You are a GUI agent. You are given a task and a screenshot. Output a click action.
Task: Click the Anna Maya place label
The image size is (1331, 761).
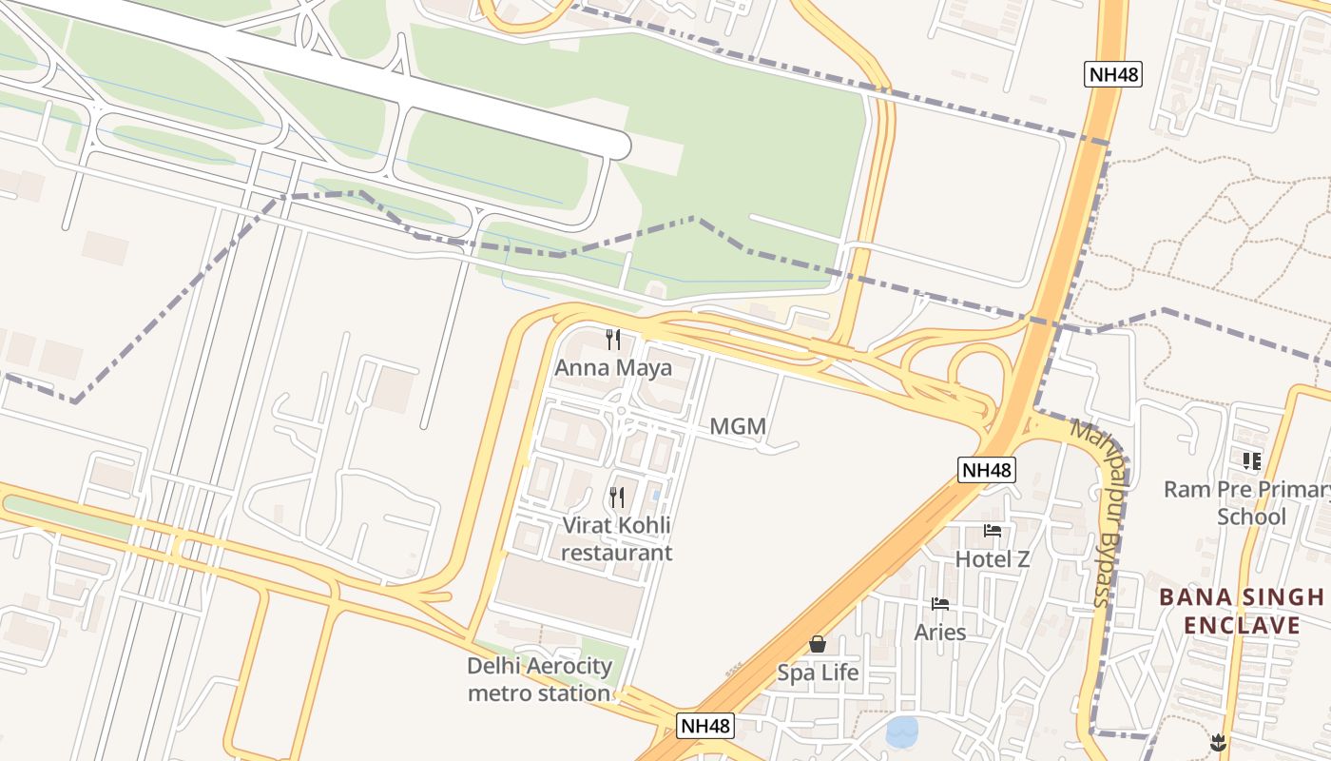tap(613, 368)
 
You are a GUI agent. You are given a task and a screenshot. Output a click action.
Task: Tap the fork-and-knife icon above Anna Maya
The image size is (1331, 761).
tap(613, 339)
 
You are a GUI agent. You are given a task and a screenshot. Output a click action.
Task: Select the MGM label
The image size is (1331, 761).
tap(738, 427)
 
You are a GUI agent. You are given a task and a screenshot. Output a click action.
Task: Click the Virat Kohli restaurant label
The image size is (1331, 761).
tap(616, 538)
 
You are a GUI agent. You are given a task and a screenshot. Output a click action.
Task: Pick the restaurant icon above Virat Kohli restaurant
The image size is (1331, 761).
tap(617, 497)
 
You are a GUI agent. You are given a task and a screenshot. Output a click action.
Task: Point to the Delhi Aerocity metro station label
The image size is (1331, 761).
tap(539, 679)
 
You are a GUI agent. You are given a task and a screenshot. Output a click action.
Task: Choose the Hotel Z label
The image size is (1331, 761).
tap(992, 559)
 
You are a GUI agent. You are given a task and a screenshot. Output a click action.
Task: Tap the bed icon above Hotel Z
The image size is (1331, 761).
tap(993, 531)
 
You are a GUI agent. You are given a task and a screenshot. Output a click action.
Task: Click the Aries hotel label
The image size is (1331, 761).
tap(939, 633)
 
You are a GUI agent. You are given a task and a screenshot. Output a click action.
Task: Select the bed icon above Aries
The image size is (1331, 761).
tap(940, 604)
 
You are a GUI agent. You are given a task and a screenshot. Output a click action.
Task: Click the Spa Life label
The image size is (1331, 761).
tap(818, 673)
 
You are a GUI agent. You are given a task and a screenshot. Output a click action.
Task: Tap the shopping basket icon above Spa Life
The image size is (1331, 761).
tap(818, 645)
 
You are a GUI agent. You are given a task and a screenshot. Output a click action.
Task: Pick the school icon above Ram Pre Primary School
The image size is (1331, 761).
tap(1251, 461)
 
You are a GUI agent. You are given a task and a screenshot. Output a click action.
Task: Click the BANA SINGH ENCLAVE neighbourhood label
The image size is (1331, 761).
tap(1241, 611)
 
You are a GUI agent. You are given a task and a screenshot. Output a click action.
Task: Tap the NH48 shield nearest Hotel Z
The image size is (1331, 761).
tap(986, 470)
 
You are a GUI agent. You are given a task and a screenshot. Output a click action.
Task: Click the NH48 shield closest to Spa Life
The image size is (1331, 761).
tap(706, 726)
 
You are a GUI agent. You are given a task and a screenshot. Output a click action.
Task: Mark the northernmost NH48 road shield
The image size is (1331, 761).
tap(1112, 74)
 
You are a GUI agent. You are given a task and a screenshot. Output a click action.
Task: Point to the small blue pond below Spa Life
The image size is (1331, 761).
tap(902, 732)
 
